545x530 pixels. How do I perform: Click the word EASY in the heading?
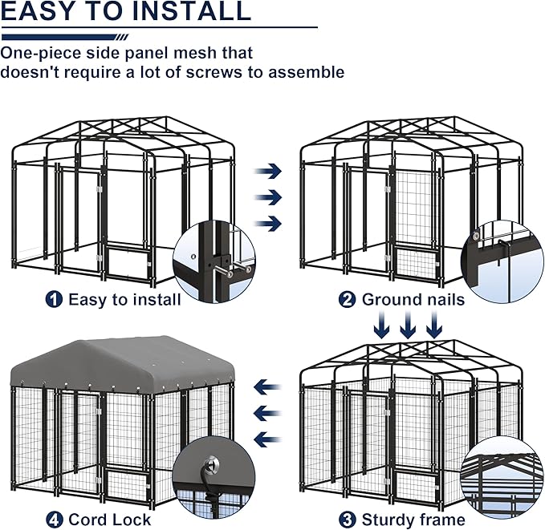pos(41,12)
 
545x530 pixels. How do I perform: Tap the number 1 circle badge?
pos(54,299)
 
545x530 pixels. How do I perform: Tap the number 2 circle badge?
pos(348,299)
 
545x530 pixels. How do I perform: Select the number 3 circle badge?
pos(348,519)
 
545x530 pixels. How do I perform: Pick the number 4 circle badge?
pos(54,520)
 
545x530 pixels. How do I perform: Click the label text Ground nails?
pos(413,300)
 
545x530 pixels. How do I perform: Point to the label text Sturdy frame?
pos(413,519)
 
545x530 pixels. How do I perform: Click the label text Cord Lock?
pos(109,520)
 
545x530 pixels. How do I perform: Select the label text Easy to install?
pos(124,299)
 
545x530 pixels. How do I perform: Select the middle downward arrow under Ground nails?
pos(409,326)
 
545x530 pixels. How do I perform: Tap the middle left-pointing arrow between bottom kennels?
pos(267,413)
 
